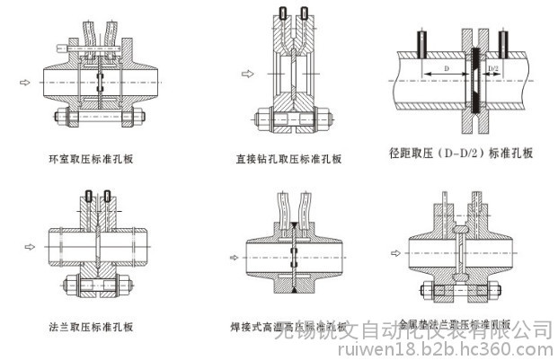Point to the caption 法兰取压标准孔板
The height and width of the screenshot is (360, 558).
click(91, 327)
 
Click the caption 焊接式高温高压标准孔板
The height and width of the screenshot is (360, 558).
click(288, 327)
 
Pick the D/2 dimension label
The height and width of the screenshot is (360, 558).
click(492, 68)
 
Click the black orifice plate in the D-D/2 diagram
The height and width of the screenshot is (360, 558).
click(473, 82)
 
